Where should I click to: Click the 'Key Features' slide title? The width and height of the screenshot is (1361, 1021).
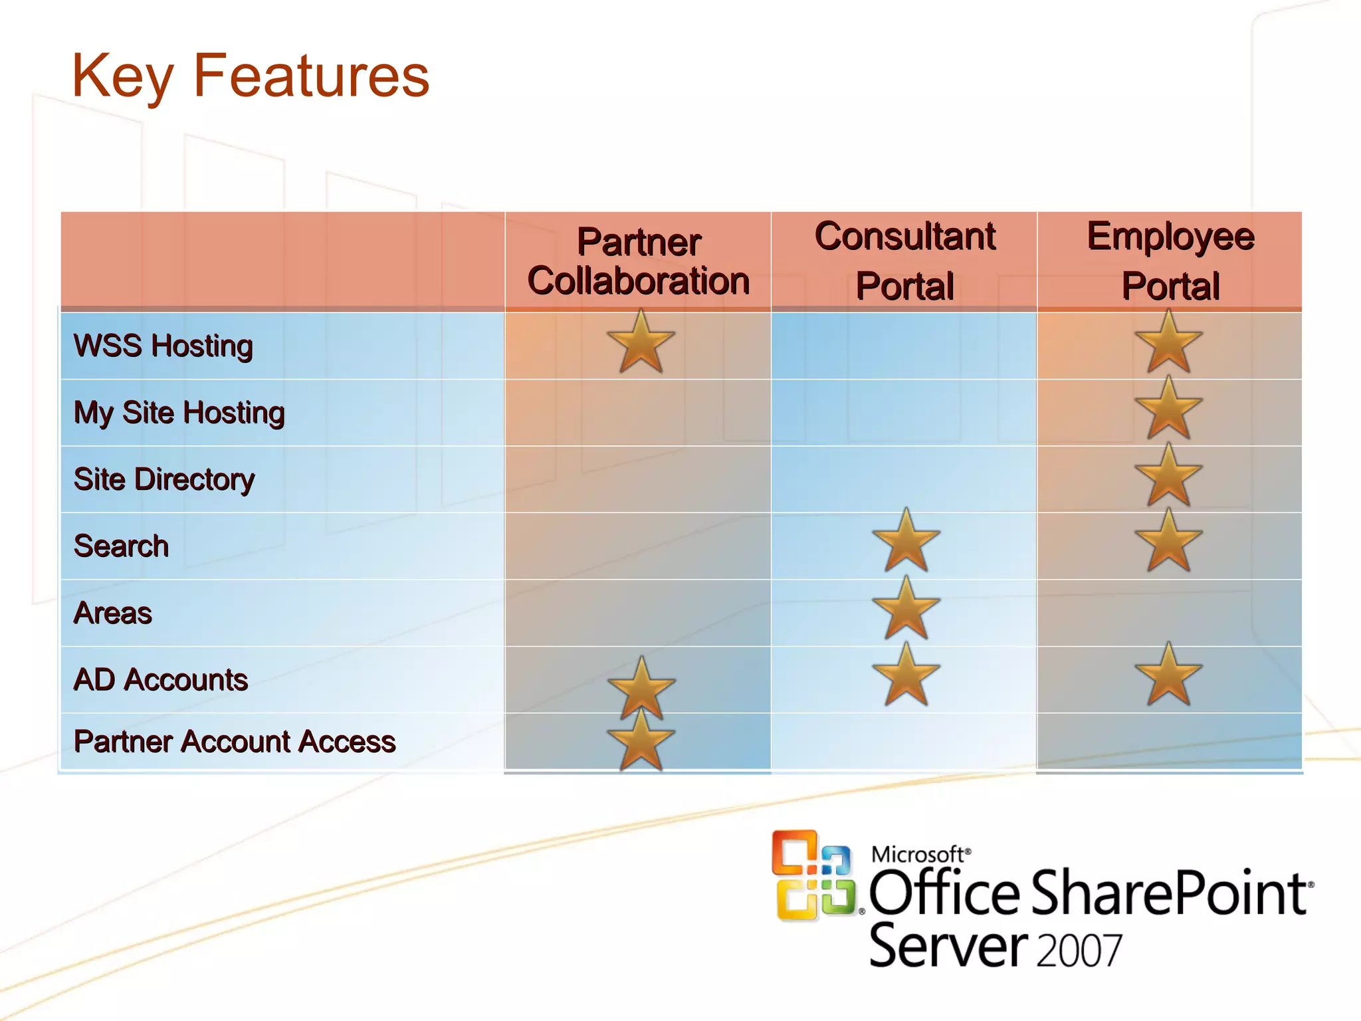[251, 76]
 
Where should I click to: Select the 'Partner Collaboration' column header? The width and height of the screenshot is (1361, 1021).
[638, 261]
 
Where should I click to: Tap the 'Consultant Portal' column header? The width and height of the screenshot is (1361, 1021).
[904, 261]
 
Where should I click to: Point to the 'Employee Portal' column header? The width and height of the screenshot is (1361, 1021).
[1170, 261]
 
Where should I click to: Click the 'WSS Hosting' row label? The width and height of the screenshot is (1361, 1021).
[163, 346]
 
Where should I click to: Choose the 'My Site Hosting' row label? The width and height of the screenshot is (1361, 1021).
[179, 413]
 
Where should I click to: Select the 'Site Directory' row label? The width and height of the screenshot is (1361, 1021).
[164, 479]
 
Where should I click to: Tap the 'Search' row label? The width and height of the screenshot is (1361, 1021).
[122, 546]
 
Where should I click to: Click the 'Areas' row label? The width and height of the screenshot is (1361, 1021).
[113, 613]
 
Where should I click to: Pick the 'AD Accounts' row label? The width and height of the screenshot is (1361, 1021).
[161, 679]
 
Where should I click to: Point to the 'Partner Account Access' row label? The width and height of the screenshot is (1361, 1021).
[235, 741]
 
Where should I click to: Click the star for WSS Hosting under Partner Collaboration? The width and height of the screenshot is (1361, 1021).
[641, 343]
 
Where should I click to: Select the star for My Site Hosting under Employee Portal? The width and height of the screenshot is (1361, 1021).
[1168, 409]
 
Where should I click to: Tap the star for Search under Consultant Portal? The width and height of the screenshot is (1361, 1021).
[906, 542]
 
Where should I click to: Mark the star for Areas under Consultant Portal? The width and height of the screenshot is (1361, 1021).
[906, 609]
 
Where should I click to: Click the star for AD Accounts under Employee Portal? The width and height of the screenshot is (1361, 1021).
[1168, 675]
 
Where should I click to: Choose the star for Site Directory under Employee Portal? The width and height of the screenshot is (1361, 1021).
[1168, 476]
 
